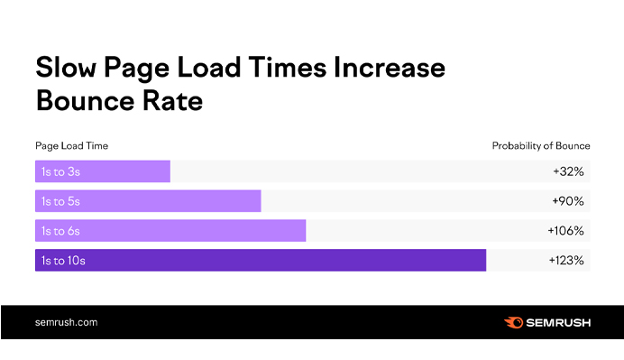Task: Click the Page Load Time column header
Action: point(72,145)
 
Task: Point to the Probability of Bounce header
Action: point(541,145)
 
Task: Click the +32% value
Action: point(569,171)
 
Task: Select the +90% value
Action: point(569,201)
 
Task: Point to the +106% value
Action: point(566,231)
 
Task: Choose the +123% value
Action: point(566,261)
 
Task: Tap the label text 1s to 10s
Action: point(63,261)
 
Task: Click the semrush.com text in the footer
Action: point(67,322)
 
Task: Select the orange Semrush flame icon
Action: point(512,322)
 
